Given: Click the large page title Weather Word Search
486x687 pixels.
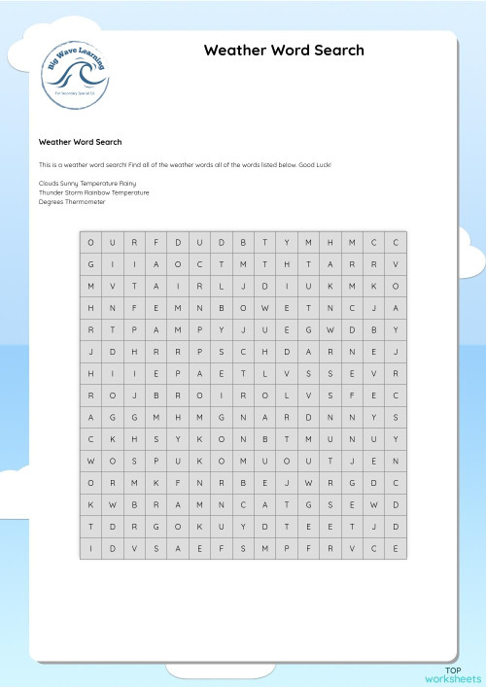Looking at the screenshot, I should [x=284, y=51].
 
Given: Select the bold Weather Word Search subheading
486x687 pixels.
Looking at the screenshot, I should [x=80, y=142].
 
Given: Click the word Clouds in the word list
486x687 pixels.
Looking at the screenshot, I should [x=49, y=182].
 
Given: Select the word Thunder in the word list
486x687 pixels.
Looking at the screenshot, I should [x=51, y=192].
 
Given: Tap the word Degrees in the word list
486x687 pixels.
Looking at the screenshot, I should [x=51, y=202].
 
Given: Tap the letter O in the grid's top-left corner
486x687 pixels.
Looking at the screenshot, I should [x=91, y=242].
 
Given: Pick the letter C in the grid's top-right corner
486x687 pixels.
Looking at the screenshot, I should [x=397, y=242].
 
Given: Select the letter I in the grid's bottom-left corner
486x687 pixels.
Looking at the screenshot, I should [x=91, y=549].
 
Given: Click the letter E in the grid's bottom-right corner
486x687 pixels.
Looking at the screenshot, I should [x=397, y=549].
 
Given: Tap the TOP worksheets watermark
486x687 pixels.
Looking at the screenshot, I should [x=452, y=674].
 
